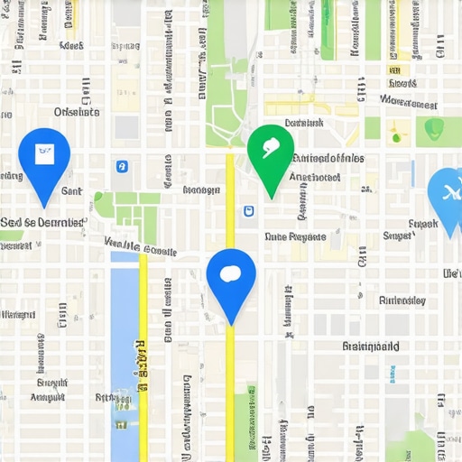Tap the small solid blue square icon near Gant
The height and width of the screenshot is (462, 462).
[x=122, y=166]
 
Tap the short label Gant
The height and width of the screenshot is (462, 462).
[x=70, y=191]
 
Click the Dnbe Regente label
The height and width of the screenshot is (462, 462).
[x=294, y=236]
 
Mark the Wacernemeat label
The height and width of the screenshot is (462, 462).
[x=408, y=102]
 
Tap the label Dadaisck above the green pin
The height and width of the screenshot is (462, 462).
[x=303, y=123]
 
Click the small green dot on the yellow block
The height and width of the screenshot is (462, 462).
[x=395, y=138]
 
